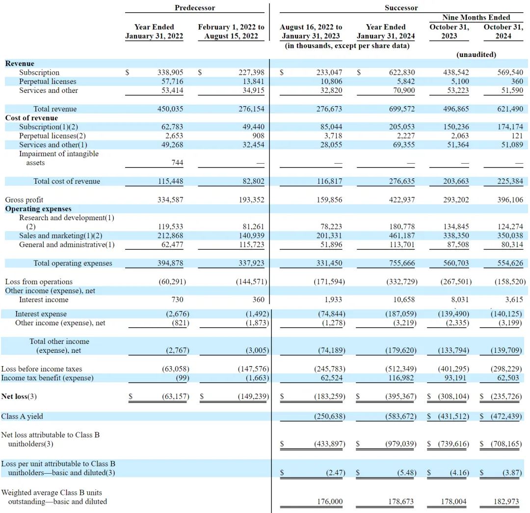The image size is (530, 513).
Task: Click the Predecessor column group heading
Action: pos(195,8)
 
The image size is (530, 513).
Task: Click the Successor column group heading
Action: pos(401,8)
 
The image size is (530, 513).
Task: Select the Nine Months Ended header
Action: pos(476,17)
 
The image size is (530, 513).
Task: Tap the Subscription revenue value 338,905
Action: pos(169,72)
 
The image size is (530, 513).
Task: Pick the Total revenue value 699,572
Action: pos(401,109)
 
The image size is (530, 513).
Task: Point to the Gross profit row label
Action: pos(24,199)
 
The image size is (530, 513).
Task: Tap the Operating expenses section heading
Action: pos(38,209)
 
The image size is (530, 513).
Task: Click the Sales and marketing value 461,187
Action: pos(401,235)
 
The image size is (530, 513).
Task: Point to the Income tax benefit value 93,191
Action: pos(456,378)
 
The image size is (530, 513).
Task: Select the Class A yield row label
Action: pos(22,416)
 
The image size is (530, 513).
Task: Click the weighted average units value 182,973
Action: pos(510,502)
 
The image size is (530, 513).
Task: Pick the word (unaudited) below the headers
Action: pos(476,55)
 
